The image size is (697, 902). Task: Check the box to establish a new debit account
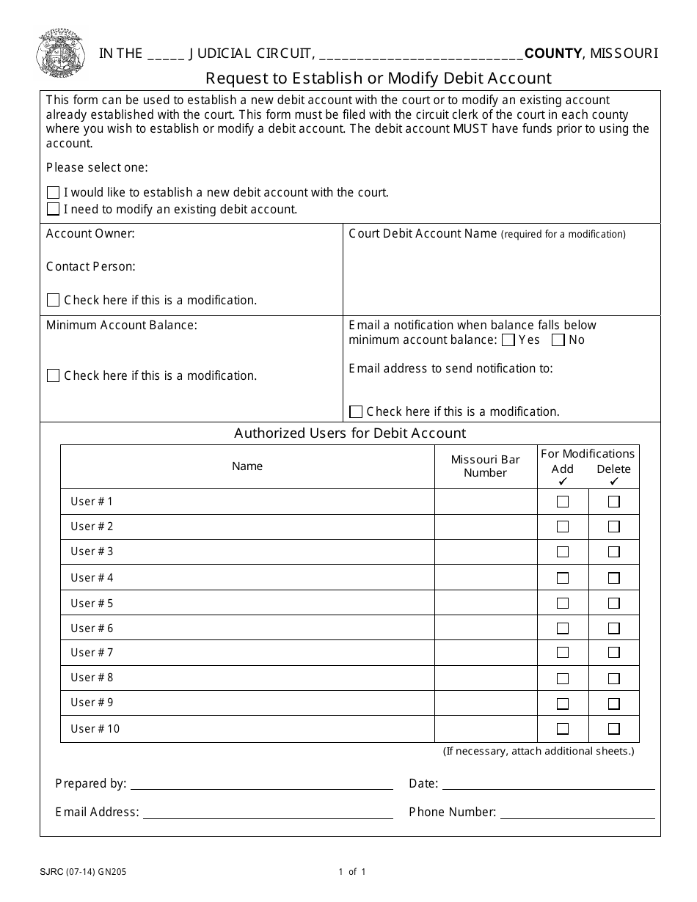pyautogui.click(x=53, y=193)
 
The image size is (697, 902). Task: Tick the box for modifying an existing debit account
pyautogui.click(x=53, y=210)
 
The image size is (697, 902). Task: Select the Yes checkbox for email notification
pyautogui.click(x=508, y=340)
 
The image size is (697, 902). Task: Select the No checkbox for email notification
pyautogui.click(x=558, y=340)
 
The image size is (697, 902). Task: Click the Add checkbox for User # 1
pyautogui.click(x=563, y=502)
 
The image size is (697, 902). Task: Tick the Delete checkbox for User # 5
pyautogui.click(x=614, y=604)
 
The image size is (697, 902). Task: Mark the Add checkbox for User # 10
pyautogui.click(x=563, y=729)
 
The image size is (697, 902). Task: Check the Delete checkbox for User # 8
pyautogui.click(x=614, y=678)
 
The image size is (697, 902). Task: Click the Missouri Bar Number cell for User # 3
pyautogui.click(x=486, y=551)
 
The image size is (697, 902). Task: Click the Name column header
pyautogui.click(x=247, y=466)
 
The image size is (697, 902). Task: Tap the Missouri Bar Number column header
pyautogui.click(x=486, y=466)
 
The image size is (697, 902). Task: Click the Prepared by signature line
pyautogui.click(x=261, y=784)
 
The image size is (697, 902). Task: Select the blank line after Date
pyautogui.click(x=548, y=784)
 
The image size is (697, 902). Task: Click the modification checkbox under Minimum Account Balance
pyautogui.click(x=53, y=376)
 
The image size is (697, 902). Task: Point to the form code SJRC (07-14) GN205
pyautogui.click(x=83, y=872)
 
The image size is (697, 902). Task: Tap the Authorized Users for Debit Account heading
pyautogui.click(x=350, y=433)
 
